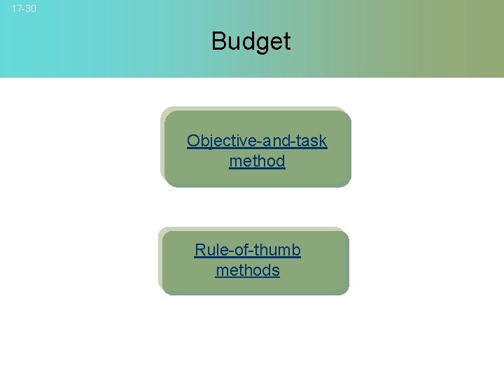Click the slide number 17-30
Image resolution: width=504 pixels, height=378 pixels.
click(x=24, y=9)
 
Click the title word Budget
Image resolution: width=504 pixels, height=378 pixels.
click(x=251, y=41)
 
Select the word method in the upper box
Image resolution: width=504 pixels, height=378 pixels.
click(x=257, y=162)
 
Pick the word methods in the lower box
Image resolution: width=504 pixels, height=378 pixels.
click(x=248, y=271)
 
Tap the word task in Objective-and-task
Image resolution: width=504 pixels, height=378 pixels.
click(x=311, y=141)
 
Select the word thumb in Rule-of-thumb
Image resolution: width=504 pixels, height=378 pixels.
click(x=278, y=250)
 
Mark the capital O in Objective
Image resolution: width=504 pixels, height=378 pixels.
click(x=193, y=141)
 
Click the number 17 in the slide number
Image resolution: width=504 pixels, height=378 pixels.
click(x=17, y=9)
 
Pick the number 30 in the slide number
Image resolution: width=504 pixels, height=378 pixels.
click(x=30, y=9)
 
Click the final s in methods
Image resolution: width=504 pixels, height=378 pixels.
click(x=276, y=271)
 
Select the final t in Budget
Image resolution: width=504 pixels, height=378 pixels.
click(x=286, y=41)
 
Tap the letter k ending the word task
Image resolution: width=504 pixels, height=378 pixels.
click(x=323, y=141)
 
